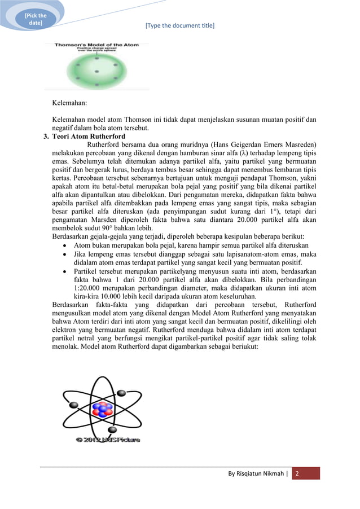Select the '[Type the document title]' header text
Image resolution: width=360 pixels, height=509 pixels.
click(x=179, y=25)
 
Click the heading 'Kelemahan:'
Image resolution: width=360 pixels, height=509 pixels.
click(x=71, y=103)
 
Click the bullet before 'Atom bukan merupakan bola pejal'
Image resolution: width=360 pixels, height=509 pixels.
click(x=67, y=246)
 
